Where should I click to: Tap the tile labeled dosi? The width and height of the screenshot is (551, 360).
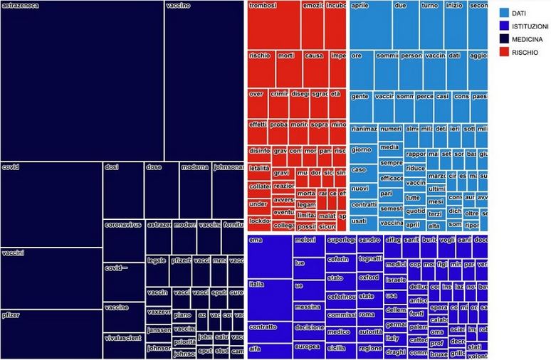pyautogui.click(x=122, y=189)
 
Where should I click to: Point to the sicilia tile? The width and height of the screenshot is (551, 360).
pyautogui.click(x=340, y=349)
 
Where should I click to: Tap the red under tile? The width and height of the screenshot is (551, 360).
pyautogui.click(x=258, y=204)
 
